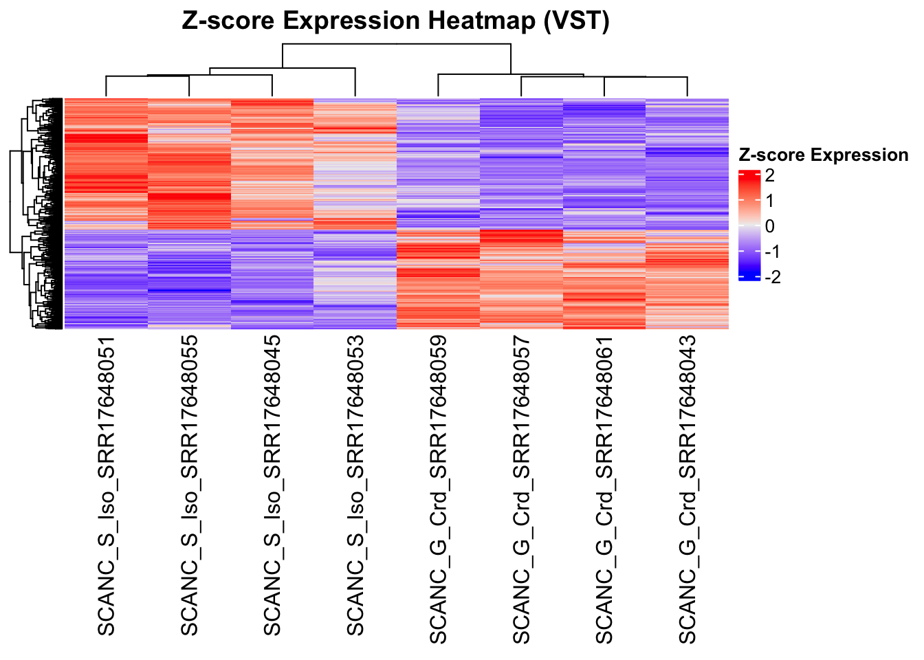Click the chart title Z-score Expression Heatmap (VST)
pyautogui.click(x=395, y=21)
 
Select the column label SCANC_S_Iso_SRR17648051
pyautogui.click(x=106, y=485)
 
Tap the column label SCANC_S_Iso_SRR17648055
pyautogui.click(x=189, y=485)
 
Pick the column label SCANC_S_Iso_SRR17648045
pyautogui.click(x=272, y=485)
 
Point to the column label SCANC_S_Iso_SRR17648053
pyautogui.click(x=355, y=485)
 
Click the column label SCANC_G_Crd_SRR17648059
pyautogui.click(x=439, y=489)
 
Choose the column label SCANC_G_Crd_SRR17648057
pyautogui.click(x=522, y=489)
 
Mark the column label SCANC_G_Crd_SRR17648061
pyautogui.click(x=604, y=489)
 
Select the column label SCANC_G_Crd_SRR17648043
pyautogui.click(x=687, y=489)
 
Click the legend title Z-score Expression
pyautogui.click(x=823, y=155)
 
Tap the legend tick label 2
pyautogui.click(x=769, y=176)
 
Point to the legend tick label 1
pyautogui.click(x=769, y=201)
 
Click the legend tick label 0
pyautogui.click(x=769, y=226)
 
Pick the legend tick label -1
pyautogui.click(x=772, y=252)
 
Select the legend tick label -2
pyautogui.click(x=772, y=277)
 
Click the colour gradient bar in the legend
pyautogui.click(x=749, y=225)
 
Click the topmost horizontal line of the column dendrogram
pyautogui.click(x=397, y=44)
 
